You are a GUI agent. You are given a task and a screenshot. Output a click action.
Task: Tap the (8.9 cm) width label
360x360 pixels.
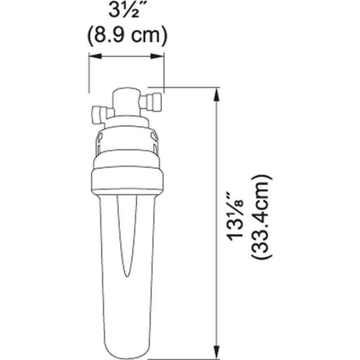click(x=127, y=35)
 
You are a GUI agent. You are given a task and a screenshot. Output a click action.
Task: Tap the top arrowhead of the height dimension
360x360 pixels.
click(x=218, y=93)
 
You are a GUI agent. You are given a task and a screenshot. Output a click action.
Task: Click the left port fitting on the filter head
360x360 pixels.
click(x=98, y=115)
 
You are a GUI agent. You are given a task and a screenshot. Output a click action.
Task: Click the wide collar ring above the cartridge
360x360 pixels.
click(x=127, y=180)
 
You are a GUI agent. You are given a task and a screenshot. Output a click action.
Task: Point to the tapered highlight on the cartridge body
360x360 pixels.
click(x=126, y=234)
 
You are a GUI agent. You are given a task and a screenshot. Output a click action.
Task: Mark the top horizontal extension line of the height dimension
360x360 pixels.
click(x=189, y=87)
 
